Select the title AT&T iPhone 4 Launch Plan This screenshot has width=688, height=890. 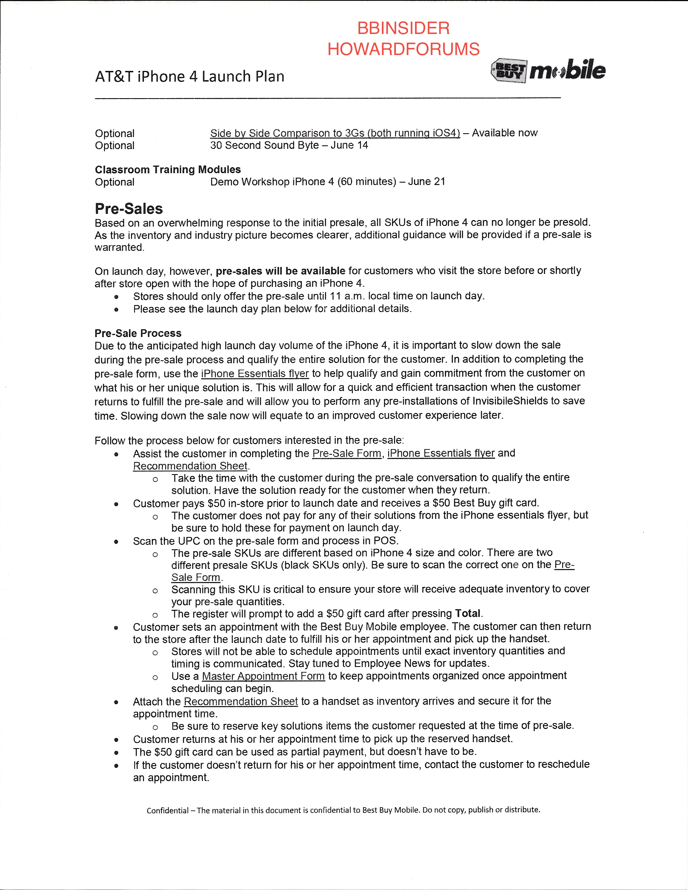pyautogui.click(x=189, y=77)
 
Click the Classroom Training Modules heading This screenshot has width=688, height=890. pyautogui.click(x=168, y=170)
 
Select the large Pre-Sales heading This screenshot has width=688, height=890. pyautogui.click(x=129, y=209)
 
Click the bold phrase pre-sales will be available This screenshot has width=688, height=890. pyautogui.click(x=280, y=271)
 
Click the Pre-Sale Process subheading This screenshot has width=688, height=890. pyautogui.click(x=138, y=333)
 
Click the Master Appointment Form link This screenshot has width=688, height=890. pyautogui.click(x=263, y=676)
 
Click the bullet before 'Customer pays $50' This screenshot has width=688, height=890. pyautogui.click(x=116, y=504)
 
